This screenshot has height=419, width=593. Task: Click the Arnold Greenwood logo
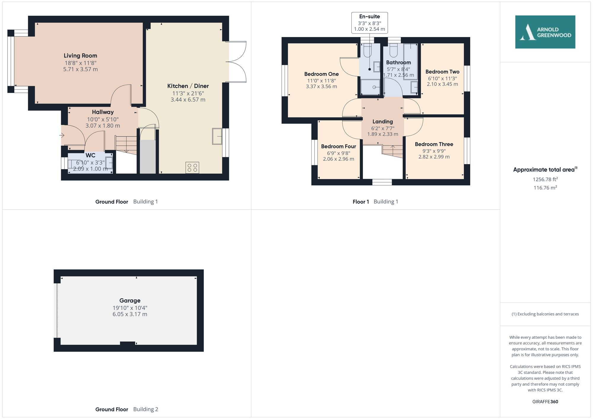tap(545, 32)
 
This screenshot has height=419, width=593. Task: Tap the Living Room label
tap(80, 56)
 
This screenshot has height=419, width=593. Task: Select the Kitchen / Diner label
tap(188, 86)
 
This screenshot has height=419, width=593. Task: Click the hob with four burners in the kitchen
tap(192, 167)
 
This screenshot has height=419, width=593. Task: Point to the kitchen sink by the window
tap(217, 136)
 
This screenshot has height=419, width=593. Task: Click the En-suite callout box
tap(369, 23)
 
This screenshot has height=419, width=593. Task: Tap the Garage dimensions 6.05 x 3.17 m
tap(130, 314)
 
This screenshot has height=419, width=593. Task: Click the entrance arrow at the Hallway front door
tap(62, 135)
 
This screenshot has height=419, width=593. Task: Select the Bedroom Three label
tap(434, 144)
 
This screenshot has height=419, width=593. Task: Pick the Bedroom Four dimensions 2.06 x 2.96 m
tap(338, 159)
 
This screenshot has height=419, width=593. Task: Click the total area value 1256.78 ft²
tap(545, 179)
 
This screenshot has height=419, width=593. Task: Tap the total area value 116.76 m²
tap(545, 188)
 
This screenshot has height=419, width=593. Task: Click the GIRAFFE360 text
tap(545, 402)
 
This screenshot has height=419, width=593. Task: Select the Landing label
tap(382, 122)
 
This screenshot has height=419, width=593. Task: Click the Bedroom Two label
tap(442, 72)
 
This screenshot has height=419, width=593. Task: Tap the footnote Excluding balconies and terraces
tap(545, 314)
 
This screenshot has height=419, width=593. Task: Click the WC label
tap(90, 155)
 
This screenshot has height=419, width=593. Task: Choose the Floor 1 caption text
tap(361, 202)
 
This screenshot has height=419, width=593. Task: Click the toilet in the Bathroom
tap(393, 50)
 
